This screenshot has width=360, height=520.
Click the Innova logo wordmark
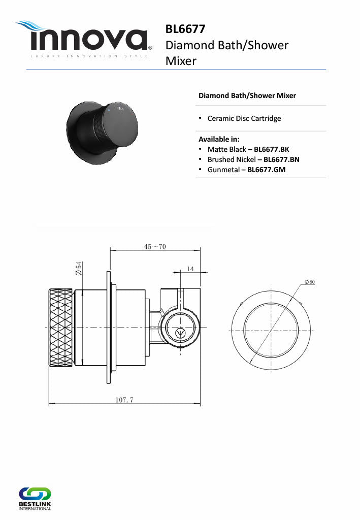[89, 40]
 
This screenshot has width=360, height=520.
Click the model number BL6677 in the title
[185, 29]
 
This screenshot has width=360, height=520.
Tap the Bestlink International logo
[35, 499]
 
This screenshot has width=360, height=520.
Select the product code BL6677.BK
[272, 149]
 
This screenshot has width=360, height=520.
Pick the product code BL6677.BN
[281, 159]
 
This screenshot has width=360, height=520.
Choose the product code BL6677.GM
[266, 170]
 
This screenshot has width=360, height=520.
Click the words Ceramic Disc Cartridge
[244, 118]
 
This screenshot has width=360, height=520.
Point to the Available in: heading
[219, 139]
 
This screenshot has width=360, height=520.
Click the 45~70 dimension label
[155, 246]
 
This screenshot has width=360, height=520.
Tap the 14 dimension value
[190, 269]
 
